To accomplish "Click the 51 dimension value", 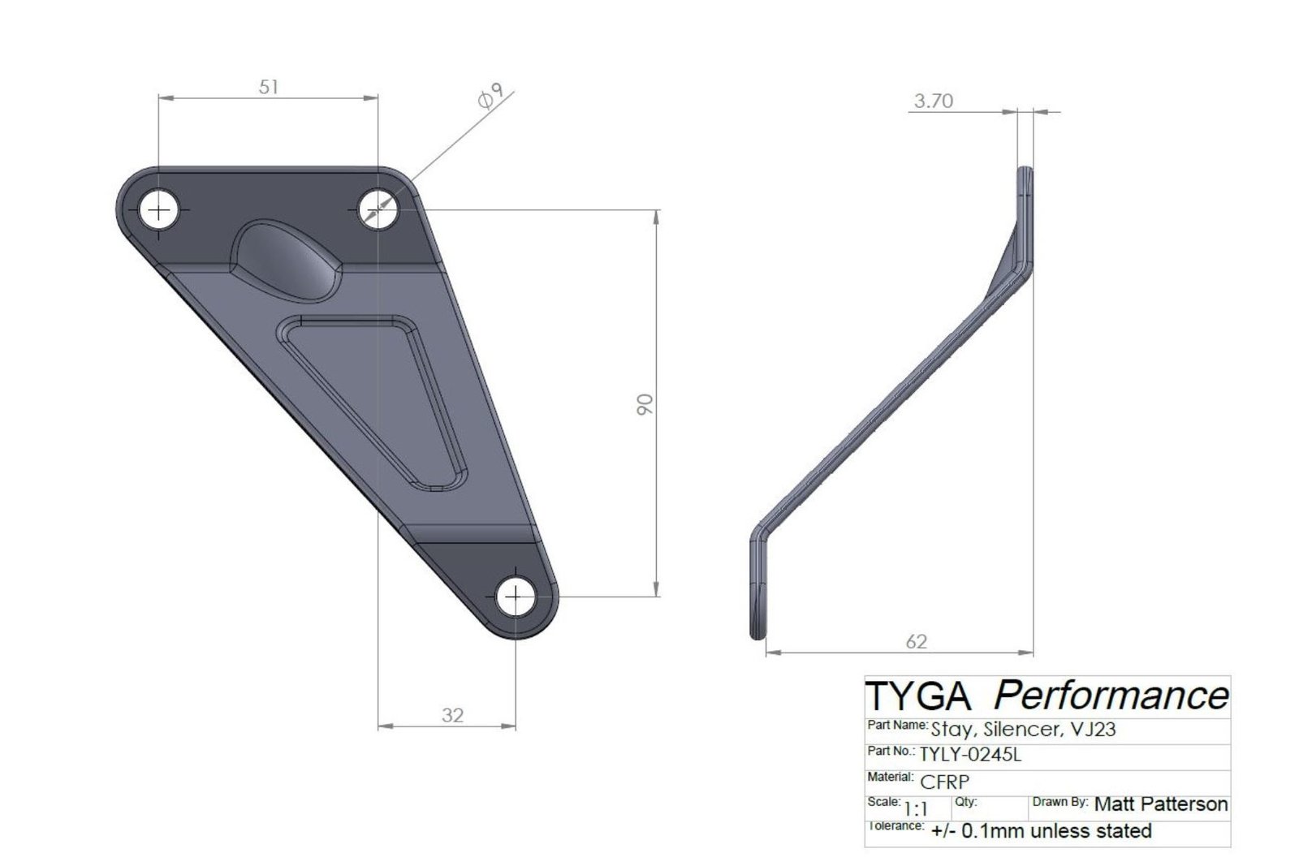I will (269, 86).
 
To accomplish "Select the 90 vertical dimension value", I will (645, 403).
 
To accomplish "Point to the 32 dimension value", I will (452, 715).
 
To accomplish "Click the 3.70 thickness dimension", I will (933, 101).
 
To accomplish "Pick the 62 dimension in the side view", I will (916, 642).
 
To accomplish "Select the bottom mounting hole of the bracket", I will (516, 598).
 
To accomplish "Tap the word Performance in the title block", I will (1111, 696).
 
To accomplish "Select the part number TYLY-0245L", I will (970, 754).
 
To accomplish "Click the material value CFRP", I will (944, 781).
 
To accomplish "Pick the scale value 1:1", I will (916, 808).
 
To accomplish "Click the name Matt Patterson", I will (1161, 804).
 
